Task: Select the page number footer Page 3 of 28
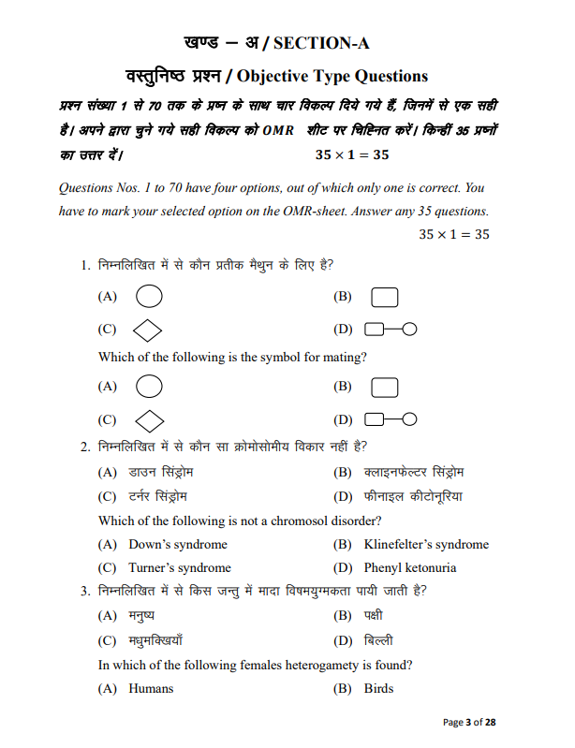click(468, 722)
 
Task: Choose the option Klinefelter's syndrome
click(426, 544)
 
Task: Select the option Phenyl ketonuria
click(410, 567)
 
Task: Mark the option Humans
click(151, 688)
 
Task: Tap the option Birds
click(378, 688)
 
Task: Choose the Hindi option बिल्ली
click(378, 641)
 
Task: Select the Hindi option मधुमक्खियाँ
click(155, 641)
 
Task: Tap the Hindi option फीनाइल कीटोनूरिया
click(413, 496)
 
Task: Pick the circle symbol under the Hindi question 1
click(149, 297)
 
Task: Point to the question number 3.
click(85, 591)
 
